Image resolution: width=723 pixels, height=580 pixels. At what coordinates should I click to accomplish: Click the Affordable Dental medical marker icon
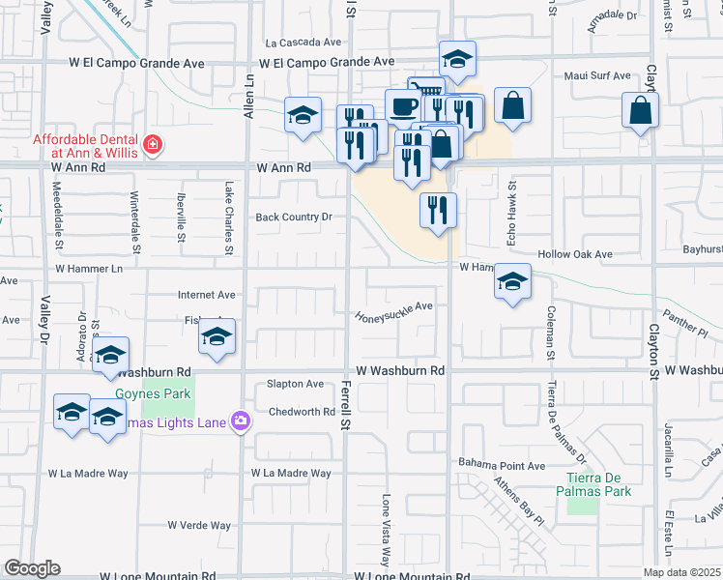coord(152,146)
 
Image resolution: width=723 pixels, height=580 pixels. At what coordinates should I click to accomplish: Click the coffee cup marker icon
coord(401,104)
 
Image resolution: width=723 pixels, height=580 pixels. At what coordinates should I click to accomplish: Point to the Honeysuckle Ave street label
coord(392,312)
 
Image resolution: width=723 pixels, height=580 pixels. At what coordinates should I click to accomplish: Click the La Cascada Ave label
coord(304,43)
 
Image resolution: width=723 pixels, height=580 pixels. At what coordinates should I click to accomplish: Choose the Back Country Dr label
coord(293,217)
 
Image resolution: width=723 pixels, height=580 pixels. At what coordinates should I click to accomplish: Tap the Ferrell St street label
coord(345,405)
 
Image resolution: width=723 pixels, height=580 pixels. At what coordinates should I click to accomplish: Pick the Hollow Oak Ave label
coord(576,254)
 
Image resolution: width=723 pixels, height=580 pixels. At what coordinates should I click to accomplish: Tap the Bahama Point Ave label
coord(502,465)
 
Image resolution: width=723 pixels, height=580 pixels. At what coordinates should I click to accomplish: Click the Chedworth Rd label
coord(301,412)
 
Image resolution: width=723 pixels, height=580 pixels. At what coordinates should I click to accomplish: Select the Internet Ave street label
coord(207,295)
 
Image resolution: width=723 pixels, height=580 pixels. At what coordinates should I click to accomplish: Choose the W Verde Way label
coord(199,526)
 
